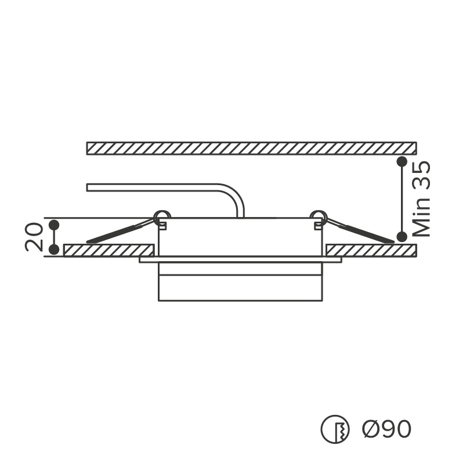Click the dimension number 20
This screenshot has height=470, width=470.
tap(33, 237)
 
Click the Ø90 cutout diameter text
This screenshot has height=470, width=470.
tap(386, 429)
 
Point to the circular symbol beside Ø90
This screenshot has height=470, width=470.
tap(335, 429)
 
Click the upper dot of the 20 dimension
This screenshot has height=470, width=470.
tap(54, 225)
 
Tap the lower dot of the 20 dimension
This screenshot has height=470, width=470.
tap(54, 249)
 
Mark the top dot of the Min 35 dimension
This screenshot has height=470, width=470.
tap(402, 161)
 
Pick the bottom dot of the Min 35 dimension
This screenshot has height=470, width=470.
tap(402, 237)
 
